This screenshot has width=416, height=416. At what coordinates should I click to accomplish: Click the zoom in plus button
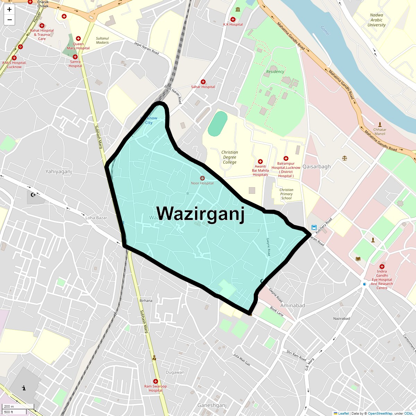tap(9, 9)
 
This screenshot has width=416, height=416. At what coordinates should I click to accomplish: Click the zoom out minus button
tap(9, 20)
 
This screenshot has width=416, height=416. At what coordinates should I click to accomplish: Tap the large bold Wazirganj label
tap(200, 213)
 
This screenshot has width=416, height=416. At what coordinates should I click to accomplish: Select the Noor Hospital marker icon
tap(202, 178)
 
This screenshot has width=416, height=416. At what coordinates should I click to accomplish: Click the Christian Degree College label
tap(229, 157)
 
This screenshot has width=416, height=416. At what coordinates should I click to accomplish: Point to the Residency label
tap(275, 72)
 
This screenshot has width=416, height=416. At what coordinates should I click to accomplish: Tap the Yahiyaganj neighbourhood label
tap(59, 171)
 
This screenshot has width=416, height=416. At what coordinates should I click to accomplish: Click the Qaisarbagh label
tap(317, 166)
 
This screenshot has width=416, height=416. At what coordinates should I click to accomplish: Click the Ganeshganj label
tap(212, 405)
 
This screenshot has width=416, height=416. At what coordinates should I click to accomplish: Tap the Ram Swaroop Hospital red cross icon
tap(155, 381)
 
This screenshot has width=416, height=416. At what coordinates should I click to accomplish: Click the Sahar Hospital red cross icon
tap(203, 82)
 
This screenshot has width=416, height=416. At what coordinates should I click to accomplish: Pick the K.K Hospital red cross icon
tap(233, 20)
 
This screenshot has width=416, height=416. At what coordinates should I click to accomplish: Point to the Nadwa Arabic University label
tap(376, 20)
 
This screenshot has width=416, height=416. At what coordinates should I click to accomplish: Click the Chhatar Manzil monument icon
tap(380, 124)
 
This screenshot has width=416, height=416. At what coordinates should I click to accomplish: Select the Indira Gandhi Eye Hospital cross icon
tap(382, 267)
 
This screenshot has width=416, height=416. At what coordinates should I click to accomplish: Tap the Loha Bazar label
tap(96, 218)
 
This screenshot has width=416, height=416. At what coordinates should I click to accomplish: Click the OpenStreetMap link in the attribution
tap(380, 413)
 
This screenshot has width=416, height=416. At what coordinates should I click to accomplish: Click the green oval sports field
tap(218, 124)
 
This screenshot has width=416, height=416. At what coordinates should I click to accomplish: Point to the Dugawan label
tap(175, 372)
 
